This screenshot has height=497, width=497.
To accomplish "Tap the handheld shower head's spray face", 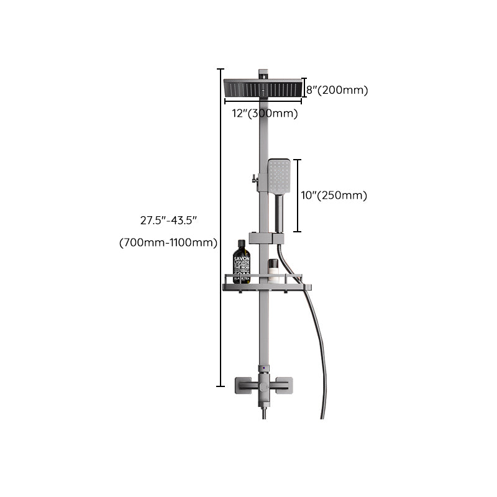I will [x=280, y=175].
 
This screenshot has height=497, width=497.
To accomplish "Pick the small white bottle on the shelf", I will [x=273, y=271].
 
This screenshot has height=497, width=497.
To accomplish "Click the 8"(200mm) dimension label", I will [x=337, y=90].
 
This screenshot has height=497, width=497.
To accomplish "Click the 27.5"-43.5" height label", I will [x=169, y=219].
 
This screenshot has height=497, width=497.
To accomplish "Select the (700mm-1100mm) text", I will [x=168, y=242].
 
